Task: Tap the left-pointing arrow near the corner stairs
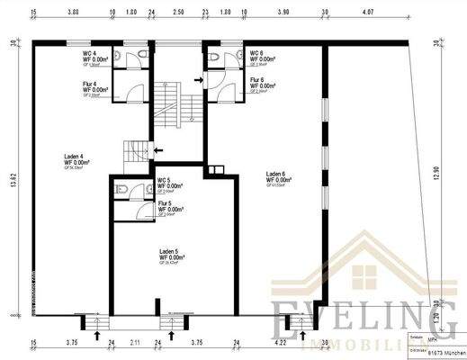[158, 149]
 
